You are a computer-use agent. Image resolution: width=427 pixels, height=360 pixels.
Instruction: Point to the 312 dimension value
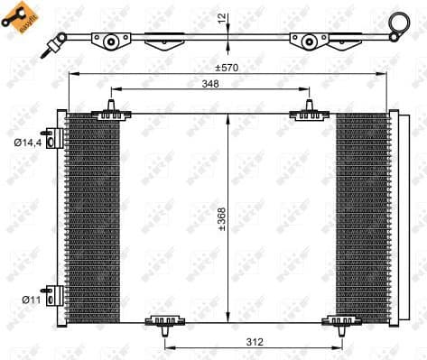[255, 342]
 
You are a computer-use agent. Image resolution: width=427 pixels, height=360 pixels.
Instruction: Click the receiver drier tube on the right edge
[394, 217]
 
